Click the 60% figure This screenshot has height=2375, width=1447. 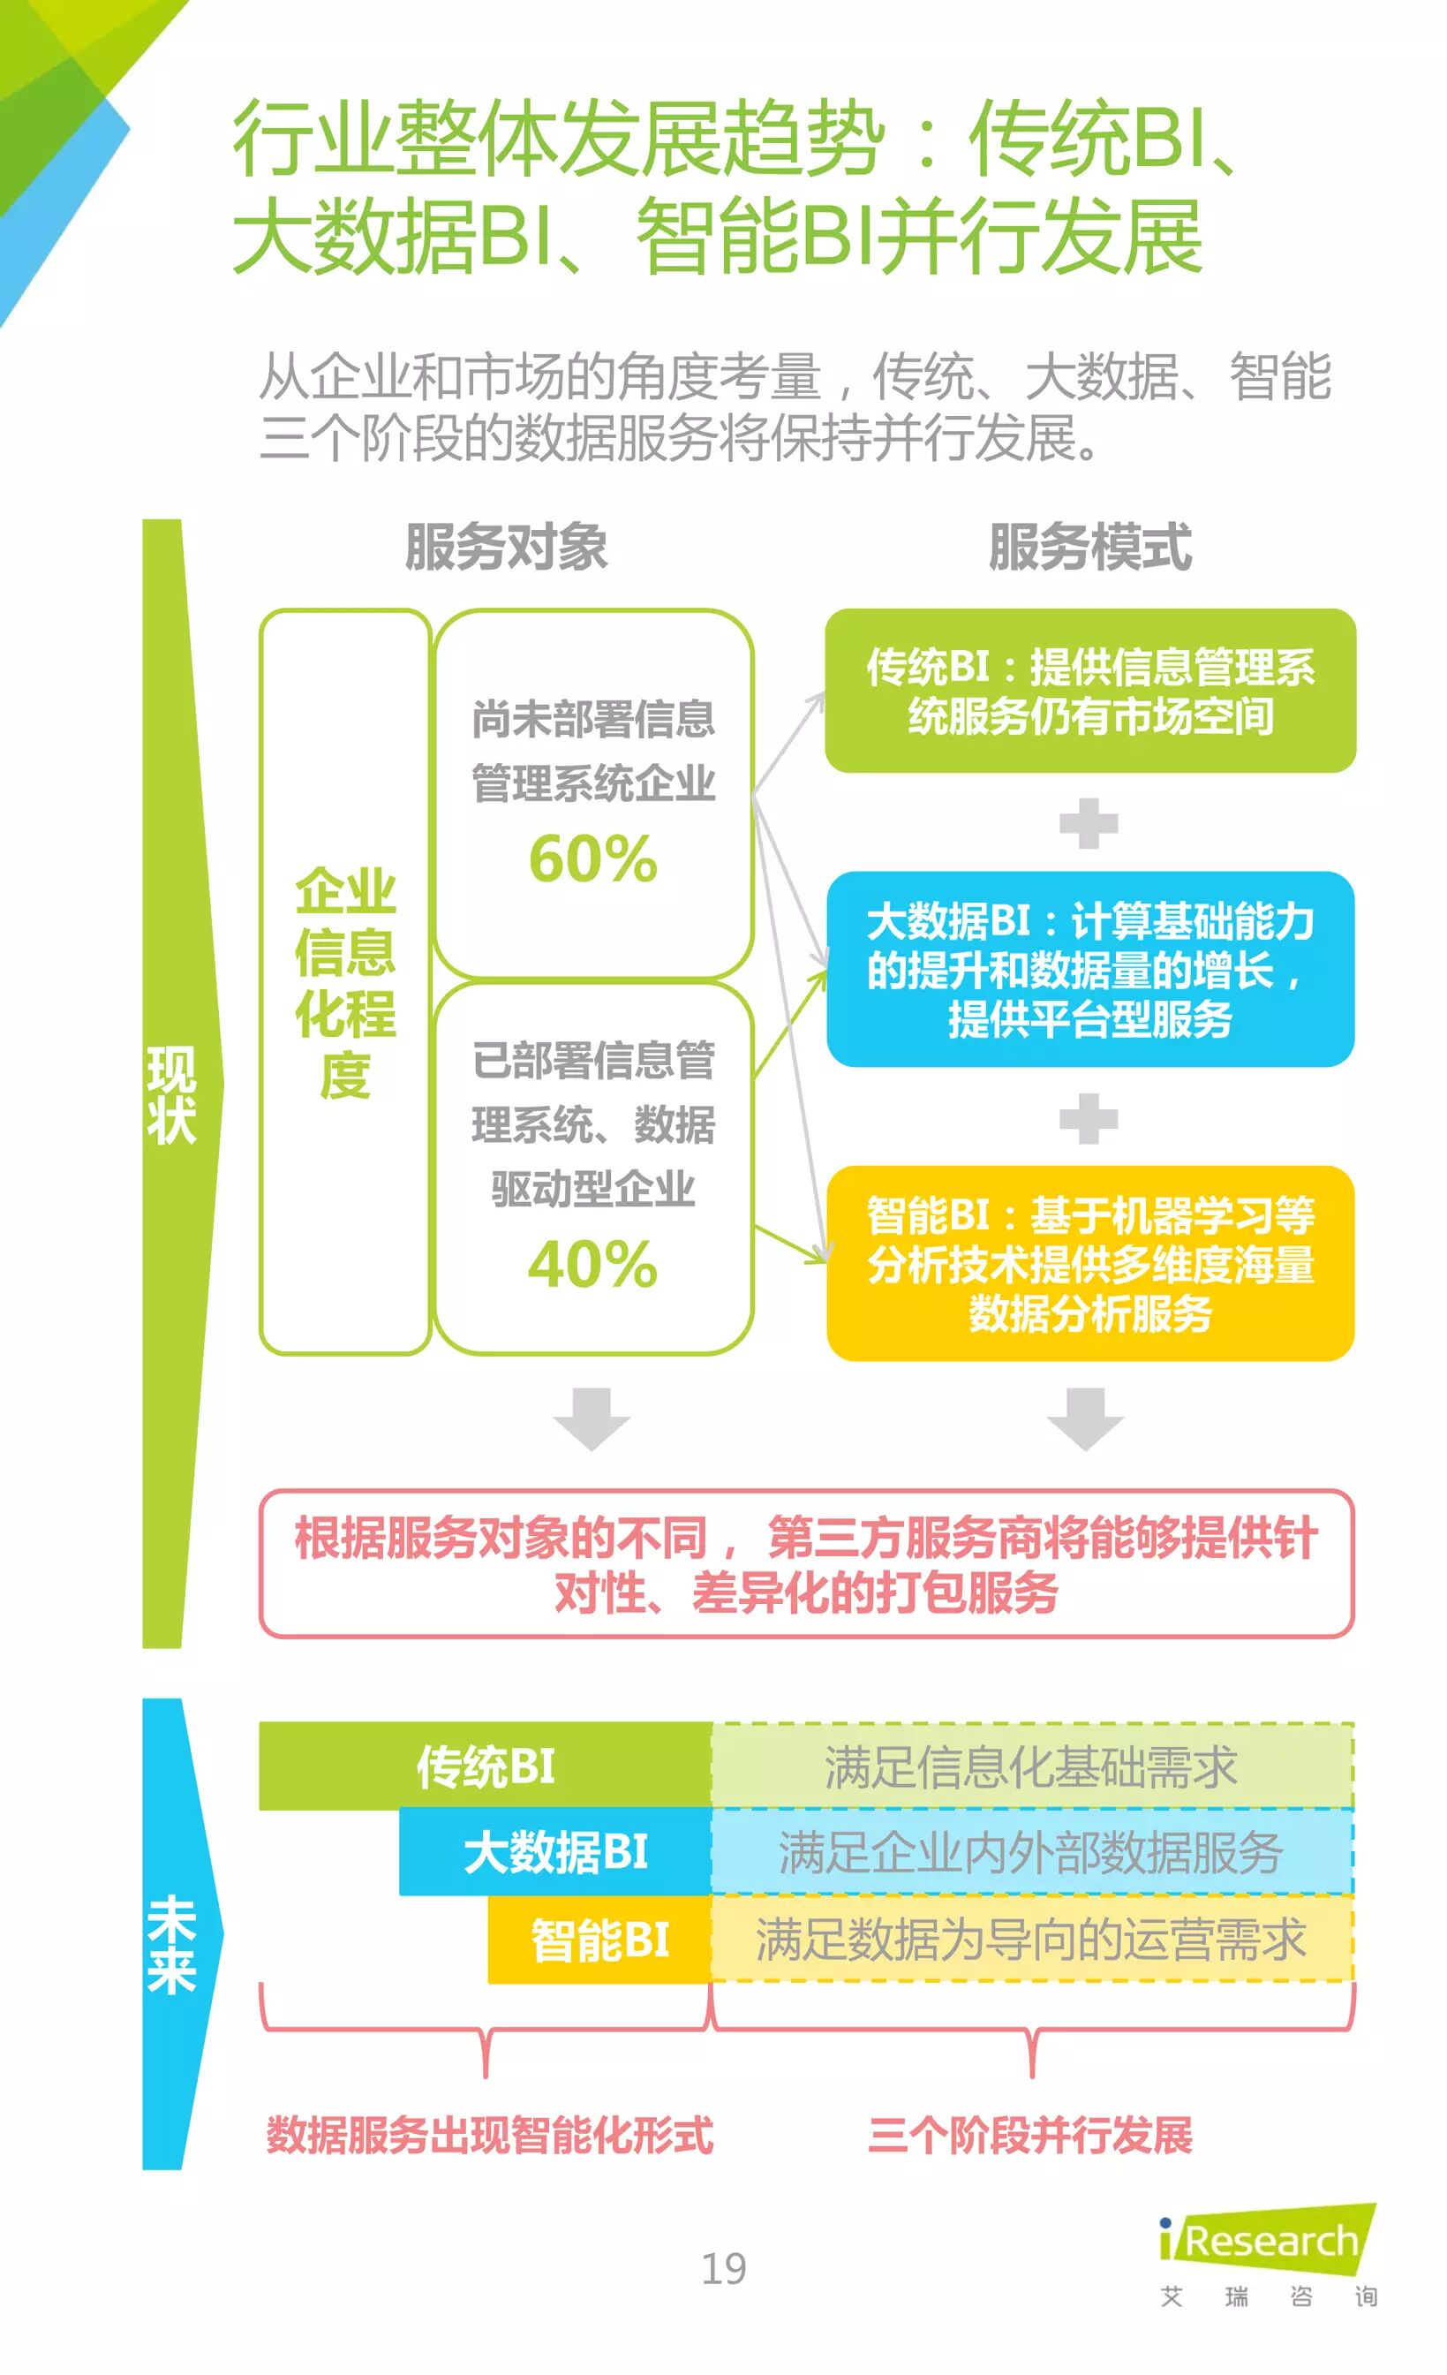coord(592,858)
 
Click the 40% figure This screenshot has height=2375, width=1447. coord(592,1265)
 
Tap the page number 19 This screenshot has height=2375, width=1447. coord(724,2268)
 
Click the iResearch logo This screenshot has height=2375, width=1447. coord(1268,2240)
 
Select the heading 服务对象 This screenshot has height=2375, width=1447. coord(506,547)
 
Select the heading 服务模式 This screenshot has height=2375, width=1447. coord(1089,547)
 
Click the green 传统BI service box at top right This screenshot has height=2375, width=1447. coord(1089,690)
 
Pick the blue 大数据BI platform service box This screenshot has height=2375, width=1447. coord(1089,969)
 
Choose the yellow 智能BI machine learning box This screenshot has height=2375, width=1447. coord(1089,1263)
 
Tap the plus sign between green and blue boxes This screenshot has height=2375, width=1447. coord(1089,824)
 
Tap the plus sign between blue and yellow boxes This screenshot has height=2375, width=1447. coord(1089,1118)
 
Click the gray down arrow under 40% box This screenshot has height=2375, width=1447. coord(592,1418)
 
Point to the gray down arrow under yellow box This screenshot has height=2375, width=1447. coord(1086,1418)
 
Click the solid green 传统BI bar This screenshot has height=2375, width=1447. coord(486,1766)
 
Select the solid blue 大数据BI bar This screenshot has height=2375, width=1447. coord(556,1851)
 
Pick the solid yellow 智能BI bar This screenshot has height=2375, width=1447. coord(599,1940)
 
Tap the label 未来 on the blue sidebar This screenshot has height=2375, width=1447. coord(171,1945)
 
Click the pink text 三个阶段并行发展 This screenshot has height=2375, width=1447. coord(1030,2135)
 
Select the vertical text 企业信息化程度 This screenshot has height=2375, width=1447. coord(345,982)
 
